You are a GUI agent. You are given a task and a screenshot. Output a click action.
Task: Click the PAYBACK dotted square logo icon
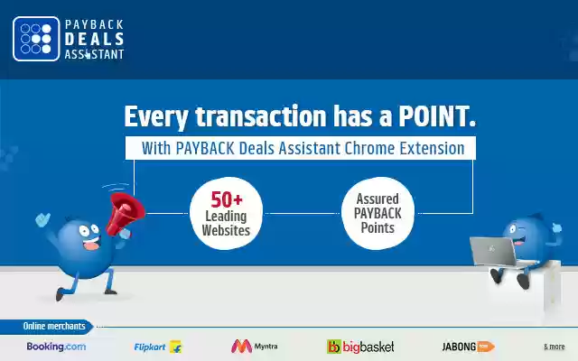click(36, 39)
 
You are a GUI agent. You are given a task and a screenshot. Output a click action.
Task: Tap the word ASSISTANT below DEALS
click(94, 53)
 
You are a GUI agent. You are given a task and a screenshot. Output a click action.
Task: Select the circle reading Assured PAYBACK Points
click(378, 213)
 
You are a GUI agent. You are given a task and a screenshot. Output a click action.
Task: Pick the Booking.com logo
click(56, 346)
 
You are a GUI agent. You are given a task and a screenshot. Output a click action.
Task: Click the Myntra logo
click(255, 346)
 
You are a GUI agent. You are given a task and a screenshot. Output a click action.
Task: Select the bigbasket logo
click(359, 346)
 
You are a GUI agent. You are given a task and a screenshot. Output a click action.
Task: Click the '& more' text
click(554, 347)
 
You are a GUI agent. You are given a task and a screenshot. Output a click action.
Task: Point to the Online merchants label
click(54, 326)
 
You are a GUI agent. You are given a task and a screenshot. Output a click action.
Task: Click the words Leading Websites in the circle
click(226, 224)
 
